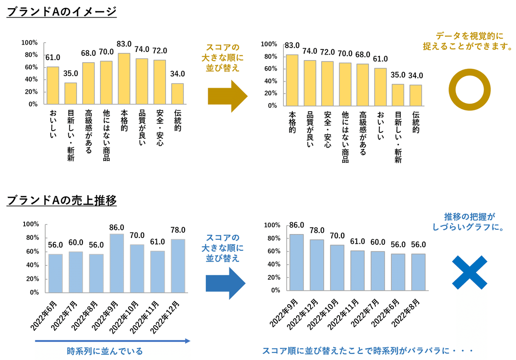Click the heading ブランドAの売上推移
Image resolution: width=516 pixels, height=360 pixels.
62,200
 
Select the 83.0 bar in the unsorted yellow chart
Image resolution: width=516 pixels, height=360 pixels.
124,78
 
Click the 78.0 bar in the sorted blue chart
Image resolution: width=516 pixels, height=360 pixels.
317,265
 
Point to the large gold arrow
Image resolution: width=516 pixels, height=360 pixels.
227,96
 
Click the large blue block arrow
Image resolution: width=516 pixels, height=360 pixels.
225,283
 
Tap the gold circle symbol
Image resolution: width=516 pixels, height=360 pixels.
469,89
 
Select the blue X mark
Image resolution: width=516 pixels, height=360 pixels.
470,272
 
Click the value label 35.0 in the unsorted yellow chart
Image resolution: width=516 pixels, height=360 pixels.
71,73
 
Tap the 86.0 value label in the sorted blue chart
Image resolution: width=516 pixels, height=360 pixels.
297,225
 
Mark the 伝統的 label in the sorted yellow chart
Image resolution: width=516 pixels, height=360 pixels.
416,122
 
